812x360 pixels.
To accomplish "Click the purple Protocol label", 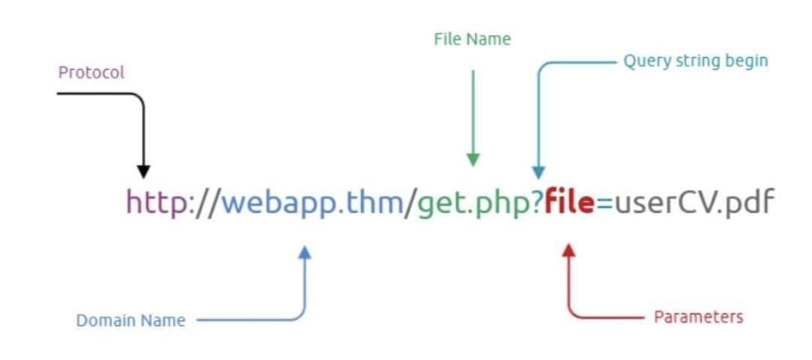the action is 91,72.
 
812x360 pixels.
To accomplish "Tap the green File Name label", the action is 472,39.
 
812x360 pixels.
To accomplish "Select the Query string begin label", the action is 695,62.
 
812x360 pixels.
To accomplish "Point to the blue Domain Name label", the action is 131,321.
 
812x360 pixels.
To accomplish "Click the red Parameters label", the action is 698,317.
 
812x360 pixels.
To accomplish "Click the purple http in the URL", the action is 157,202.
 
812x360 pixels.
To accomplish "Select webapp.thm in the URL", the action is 312,202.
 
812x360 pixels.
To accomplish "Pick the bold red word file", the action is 568,202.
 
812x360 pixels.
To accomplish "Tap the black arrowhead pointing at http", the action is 144,172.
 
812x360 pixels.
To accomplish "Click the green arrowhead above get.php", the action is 473,160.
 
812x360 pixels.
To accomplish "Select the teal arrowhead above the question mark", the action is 539,173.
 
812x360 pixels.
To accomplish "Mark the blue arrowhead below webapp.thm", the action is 305,252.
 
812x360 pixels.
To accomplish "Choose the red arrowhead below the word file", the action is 568,251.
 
